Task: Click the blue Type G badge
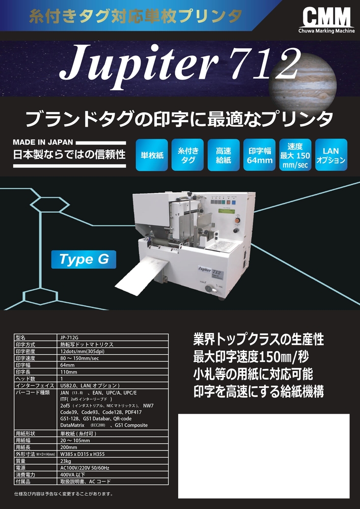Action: pyautogui.click(x=84, y=259)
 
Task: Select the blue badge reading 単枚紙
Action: pyautogui.click(x=152, y=155)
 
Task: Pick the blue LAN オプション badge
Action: pyautogui.click(x=331, y=155)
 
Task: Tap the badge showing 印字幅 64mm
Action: pyautogui.click(x=259, y=155)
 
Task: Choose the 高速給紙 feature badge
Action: pyautogui.click(x=224, y=155)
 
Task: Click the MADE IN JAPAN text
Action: pyautogui.click(x=43, y=142)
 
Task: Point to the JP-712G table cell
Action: pyautogui.click(x=113, y=337)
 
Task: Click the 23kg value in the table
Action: pyautogui.click(x=113, y=461)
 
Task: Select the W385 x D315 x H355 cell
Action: pyautogui.click(x=113, y=454)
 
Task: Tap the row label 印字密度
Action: pyautogui.click(x=35, y=351)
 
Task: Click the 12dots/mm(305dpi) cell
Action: pyautogui.click(x=113, y=351)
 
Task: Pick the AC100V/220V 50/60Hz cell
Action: pyautogui.click(x=113, y=467)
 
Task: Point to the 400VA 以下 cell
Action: pyautogui.click(x=113, y=474)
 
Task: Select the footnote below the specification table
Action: pyautogui.click(x=63, y=494)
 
